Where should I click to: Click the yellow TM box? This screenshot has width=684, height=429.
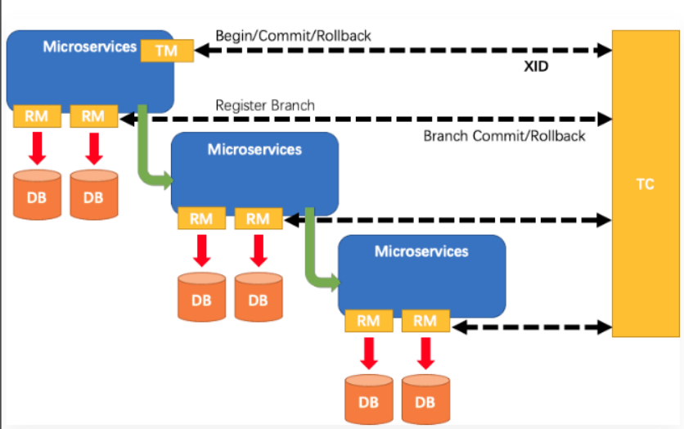point(168,51)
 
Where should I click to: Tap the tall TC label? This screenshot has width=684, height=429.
point(645,184)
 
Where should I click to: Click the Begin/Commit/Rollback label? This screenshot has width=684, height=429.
point(293,36)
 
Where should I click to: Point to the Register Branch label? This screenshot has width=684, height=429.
point(264,106)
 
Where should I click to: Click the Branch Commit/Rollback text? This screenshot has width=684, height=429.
point(504,136)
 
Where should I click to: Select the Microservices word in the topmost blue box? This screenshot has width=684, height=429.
point(89,47)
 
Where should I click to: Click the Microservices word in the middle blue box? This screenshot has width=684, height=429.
point(254,150)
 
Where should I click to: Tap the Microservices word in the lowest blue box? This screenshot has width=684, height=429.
point(421,251)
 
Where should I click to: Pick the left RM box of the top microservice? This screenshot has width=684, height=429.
point(37,116)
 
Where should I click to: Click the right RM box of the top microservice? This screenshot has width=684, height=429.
point(93,116)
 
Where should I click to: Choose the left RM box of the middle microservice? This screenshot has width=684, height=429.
point(201,219)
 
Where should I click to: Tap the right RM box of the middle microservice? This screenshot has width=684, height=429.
point(258,219)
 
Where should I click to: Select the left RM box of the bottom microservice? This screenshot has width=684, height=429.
point(368,321)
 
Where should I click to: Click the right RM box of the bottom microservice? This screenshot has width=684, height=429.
point(425,321)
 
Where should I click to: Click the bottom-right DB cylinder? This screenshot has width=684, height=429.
point(425,400)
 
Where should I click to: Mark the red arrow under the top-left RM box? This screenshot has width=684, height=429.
point(37,148)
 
